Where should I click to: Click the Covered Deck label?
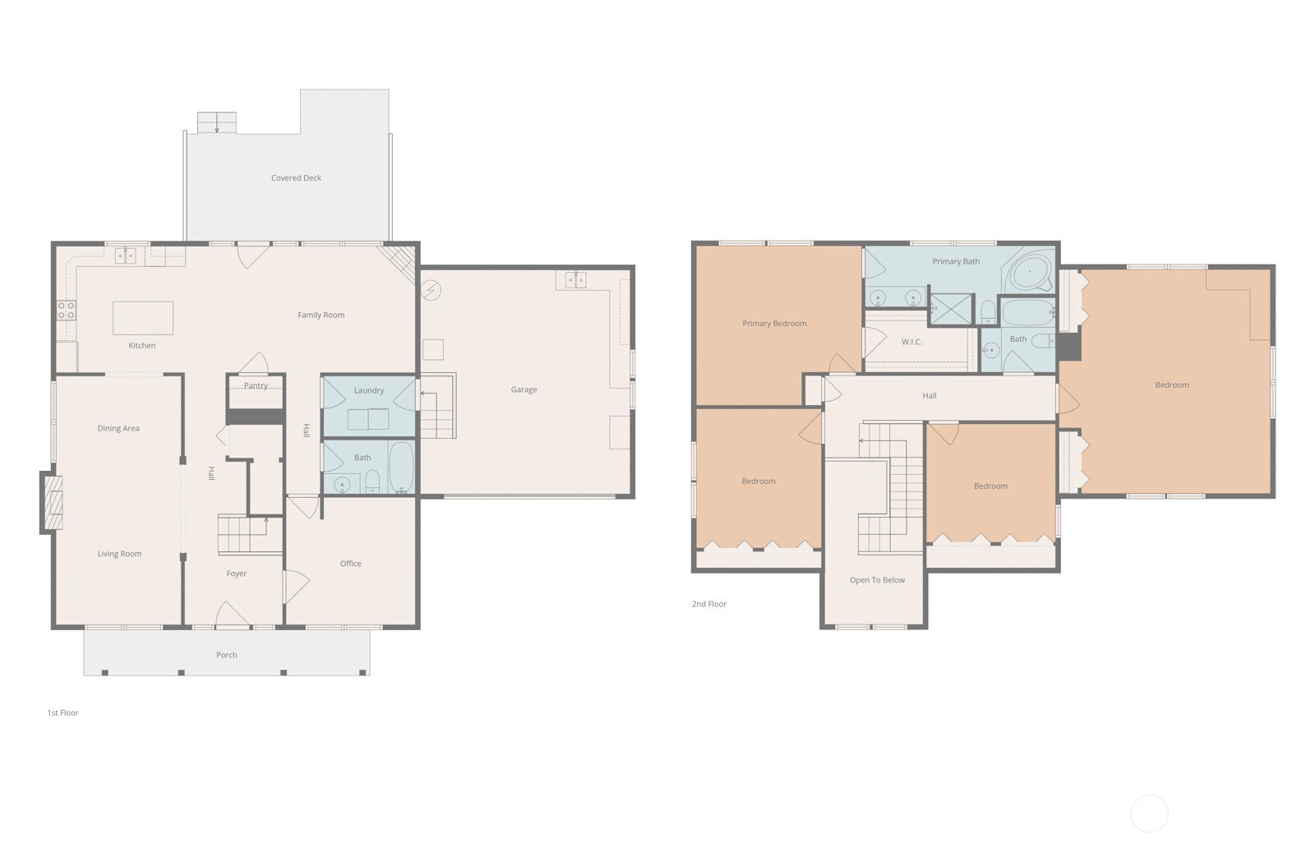296,177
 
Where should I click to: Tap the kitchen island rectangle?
143,318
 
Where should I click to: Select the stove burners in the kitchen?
67,311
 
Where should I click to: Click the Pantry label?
256,385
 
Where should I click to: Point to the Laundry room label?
369,390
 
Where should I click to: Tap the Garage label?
524,389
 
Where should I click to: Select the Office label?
350,564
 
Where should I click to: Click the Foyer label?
237,574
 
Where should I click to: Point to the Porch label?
227,655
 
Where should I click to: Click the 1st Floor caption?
62,712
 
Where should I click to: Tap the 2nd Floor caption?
709,603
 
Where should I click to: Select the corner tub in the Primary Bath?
1028,272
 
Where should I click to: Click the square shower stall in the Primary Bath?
951,309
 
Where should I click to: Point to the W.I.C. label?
911,342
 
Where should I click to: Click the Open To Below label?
877,580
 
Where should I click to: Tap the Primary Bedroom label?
774,324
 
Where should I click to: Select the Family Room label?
321,315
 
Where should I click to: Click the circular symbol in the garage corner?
431,290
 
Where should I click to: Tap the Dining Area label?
118,429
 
